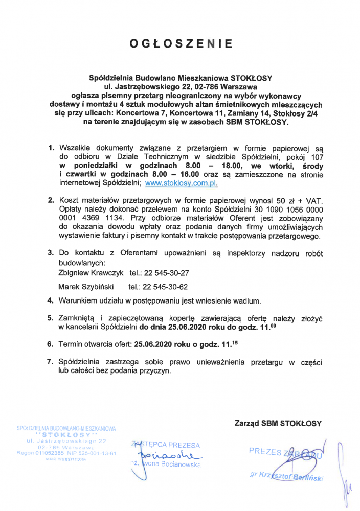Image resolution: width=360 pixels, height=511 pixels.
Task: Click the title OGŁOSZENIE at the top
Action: pos(181,44)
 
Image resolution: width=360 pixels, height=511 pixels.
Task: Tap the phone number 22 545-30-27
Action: pos(166,273)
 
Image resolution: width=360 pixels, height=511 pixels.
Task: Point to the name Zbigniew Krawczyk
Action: pos(88,273)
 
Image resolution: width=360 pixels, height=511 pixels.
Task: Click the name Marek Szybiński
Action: pos(86,286)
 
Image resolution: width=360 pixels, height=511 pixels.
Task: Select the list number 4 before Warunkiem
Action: pos(50,299)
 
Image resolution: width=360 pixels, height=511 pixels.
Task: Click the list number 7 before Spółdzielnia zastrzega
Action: pos(50,362)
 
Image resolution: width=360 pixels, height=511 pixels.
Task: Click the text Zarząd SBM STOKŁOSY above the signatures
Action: pos(278,423)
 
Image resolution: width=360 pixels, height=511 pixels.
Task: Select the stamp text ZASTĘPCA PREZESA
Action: pos(166,445)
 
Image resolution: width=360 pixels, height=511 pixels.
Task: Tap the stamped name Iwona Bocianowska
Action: pos(170,464)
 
